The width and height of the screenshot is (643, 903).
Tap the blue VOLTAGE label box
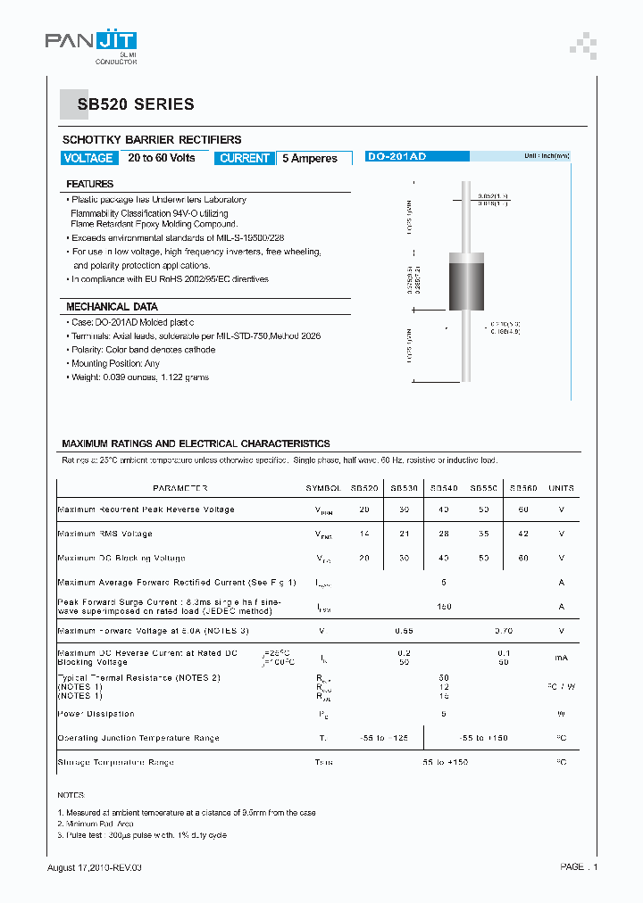point(88,158)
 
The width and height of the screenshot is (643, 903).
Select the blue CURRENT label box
point(244,158)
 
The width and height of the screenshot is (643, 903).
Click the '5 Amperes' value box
point(310,158)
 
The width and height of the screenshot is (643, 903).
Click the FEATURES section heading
point(89,184)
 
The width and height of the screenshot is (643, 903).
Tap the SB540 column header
point(444,488)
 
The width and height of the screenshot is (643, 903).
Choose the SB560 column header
point(523,488)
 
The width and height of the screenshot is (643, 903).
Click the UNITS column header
point(561,488)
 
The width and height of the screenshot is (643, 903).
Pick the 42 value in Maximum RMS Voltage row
point(523,534)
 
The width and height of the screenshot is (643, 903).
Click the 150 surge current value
point(444,607)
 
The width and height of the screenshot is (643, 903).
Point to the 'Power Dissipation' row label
point(96,714)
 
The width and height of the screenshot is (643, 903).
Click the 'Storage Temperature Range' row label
point(115,762)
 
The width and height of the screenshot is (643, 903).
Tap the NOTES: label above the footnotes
point(71,794)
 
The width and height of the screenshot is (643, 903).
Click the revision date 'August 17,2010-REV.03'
point(94,867)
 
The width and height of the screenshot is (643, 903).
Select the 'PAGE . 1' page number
point(579,867)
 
